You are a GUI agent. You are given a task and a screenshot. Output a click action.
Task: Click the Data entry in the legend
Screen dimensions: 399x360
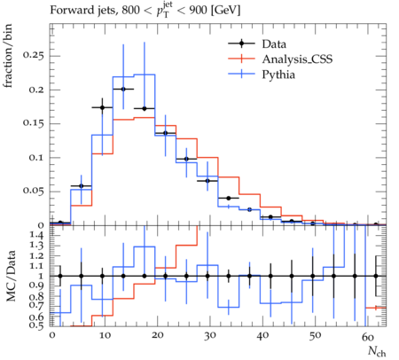coord(274,43)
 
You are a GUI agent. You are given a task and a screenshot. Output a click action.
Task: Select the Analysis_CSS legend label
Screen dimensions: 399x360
coord(297,59)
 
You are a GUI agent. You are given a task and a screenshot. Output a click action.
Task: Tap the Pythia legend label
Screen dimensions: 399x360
coord(278,74)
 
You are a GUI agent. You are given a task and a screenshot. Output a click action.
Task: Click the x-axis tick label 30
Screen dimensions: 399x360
coord(209,335)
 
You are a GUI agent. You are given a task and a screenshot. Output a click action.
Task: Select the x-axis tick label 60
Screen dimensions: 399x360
coord(368,336)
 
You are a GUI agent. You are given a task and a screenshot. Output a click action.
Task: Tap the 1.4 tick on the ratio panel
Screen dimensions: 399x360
coord(36,235)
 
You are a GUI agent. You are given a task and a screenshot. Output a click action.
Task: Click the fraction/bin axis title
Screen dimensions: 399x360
coord(8,56)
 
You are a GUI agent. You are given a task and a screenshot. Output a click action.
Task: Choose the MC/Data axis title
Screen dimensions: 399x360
coord(11,276)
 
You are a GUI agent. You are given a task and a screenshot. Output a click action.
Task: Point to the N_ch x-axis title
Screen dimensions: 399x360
coord(377,351)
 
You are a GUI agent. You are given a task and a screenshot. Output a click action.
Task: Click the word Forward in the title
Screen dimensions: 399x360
coord(68,11)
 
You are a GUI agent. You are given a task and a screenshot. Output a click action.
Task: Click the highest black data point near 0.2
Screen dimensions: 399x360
coord(123,89)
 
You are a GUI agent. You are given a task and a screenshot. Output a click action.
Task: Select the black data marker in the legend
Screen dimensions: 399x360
coord(241,43)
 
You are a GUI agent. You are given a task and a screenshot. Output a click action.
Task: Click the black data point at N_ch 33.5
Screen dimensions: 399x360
coord(229,198)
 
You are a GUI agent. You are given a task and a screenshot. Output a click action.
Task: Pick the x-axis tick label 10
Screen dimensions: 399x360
coord(105,335)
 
